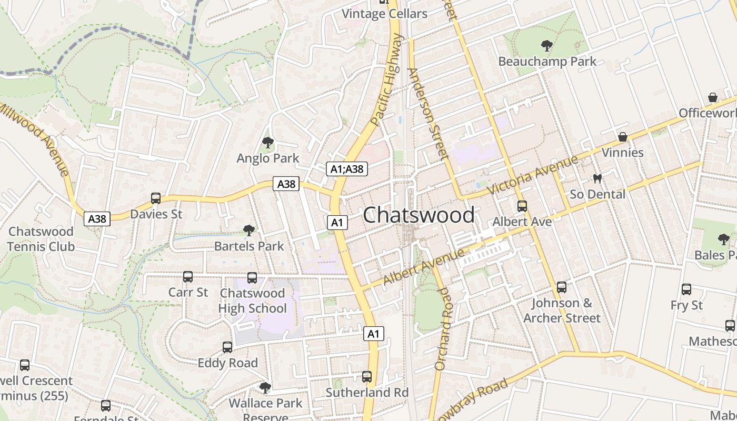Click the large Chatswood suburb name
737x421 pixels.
click(419, 215)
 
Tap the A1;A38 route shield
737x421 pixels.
click(346, 169)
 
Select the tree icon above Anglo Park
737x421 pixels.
click(268, 143)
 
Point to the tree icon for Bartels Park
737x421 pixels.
click(248, 230)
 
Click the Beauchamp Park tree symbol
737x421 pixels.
click(547, 46)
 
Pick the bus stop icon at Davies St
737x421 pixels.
click(156, 198)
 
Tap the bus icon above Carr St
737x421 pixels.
click(188, 277)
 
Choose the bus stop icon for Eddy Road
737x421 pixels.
click(227, 347)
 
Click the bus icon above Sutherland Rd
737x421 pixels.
click(367, 377)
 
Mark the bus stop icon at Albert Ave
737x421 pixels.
click(522, 206)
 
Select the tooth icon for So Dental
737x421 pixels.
click(597, 178)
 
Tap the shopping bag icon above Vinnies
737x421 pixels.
click(623, 137)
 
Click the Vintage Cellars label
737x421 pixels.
click(385, 14)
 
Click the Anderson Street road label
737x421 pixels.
click(428, 114)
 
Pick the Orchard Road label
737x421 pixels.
click(443, 328)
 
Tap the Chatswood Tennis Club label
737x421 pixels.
click(41, 239)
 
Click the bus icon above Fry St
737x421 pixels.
click(686, 289)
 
